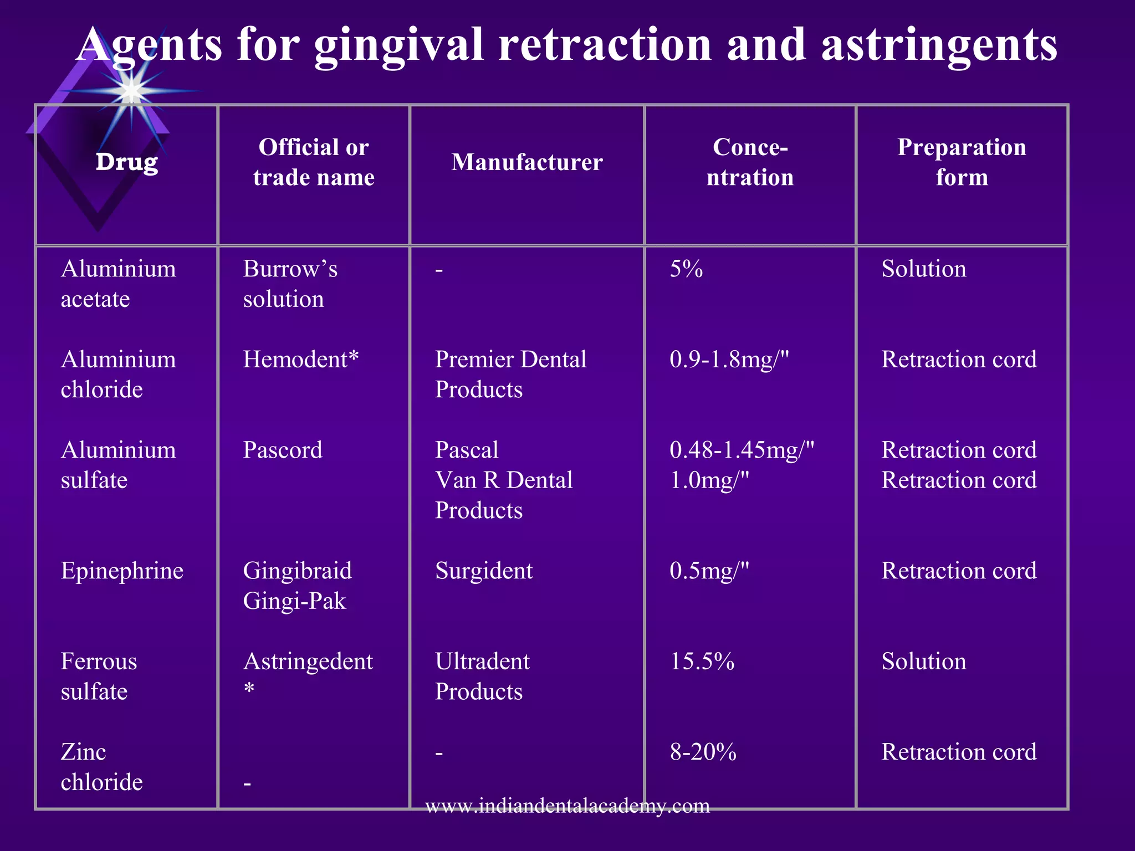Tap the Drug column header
coord(127,162)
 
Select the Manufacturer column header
coord(526,162)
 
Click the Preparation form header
coord(962,162)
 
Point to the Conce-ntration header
coord(750,162)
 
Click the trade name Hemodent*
coord(301,360)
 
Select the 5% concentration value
coord(686,269)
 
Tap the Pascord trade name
coord(283,450)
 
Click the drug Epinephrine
coord(122,571)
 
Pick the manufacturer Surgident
coord(483,571)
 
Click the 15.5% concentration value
coord(702,662)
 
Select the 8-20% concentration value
coord(703,752)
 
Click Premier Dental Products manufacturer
coord(510,375)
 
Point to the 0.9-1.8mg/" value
coord(729,360)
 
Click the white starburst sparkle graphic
coord(131,90)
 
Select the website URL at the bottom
coord(567,805)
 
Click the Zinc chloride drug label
coord(101,767)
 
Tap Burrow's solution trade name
coord(290,284)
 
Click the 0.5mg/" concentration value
coord(709,571)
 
